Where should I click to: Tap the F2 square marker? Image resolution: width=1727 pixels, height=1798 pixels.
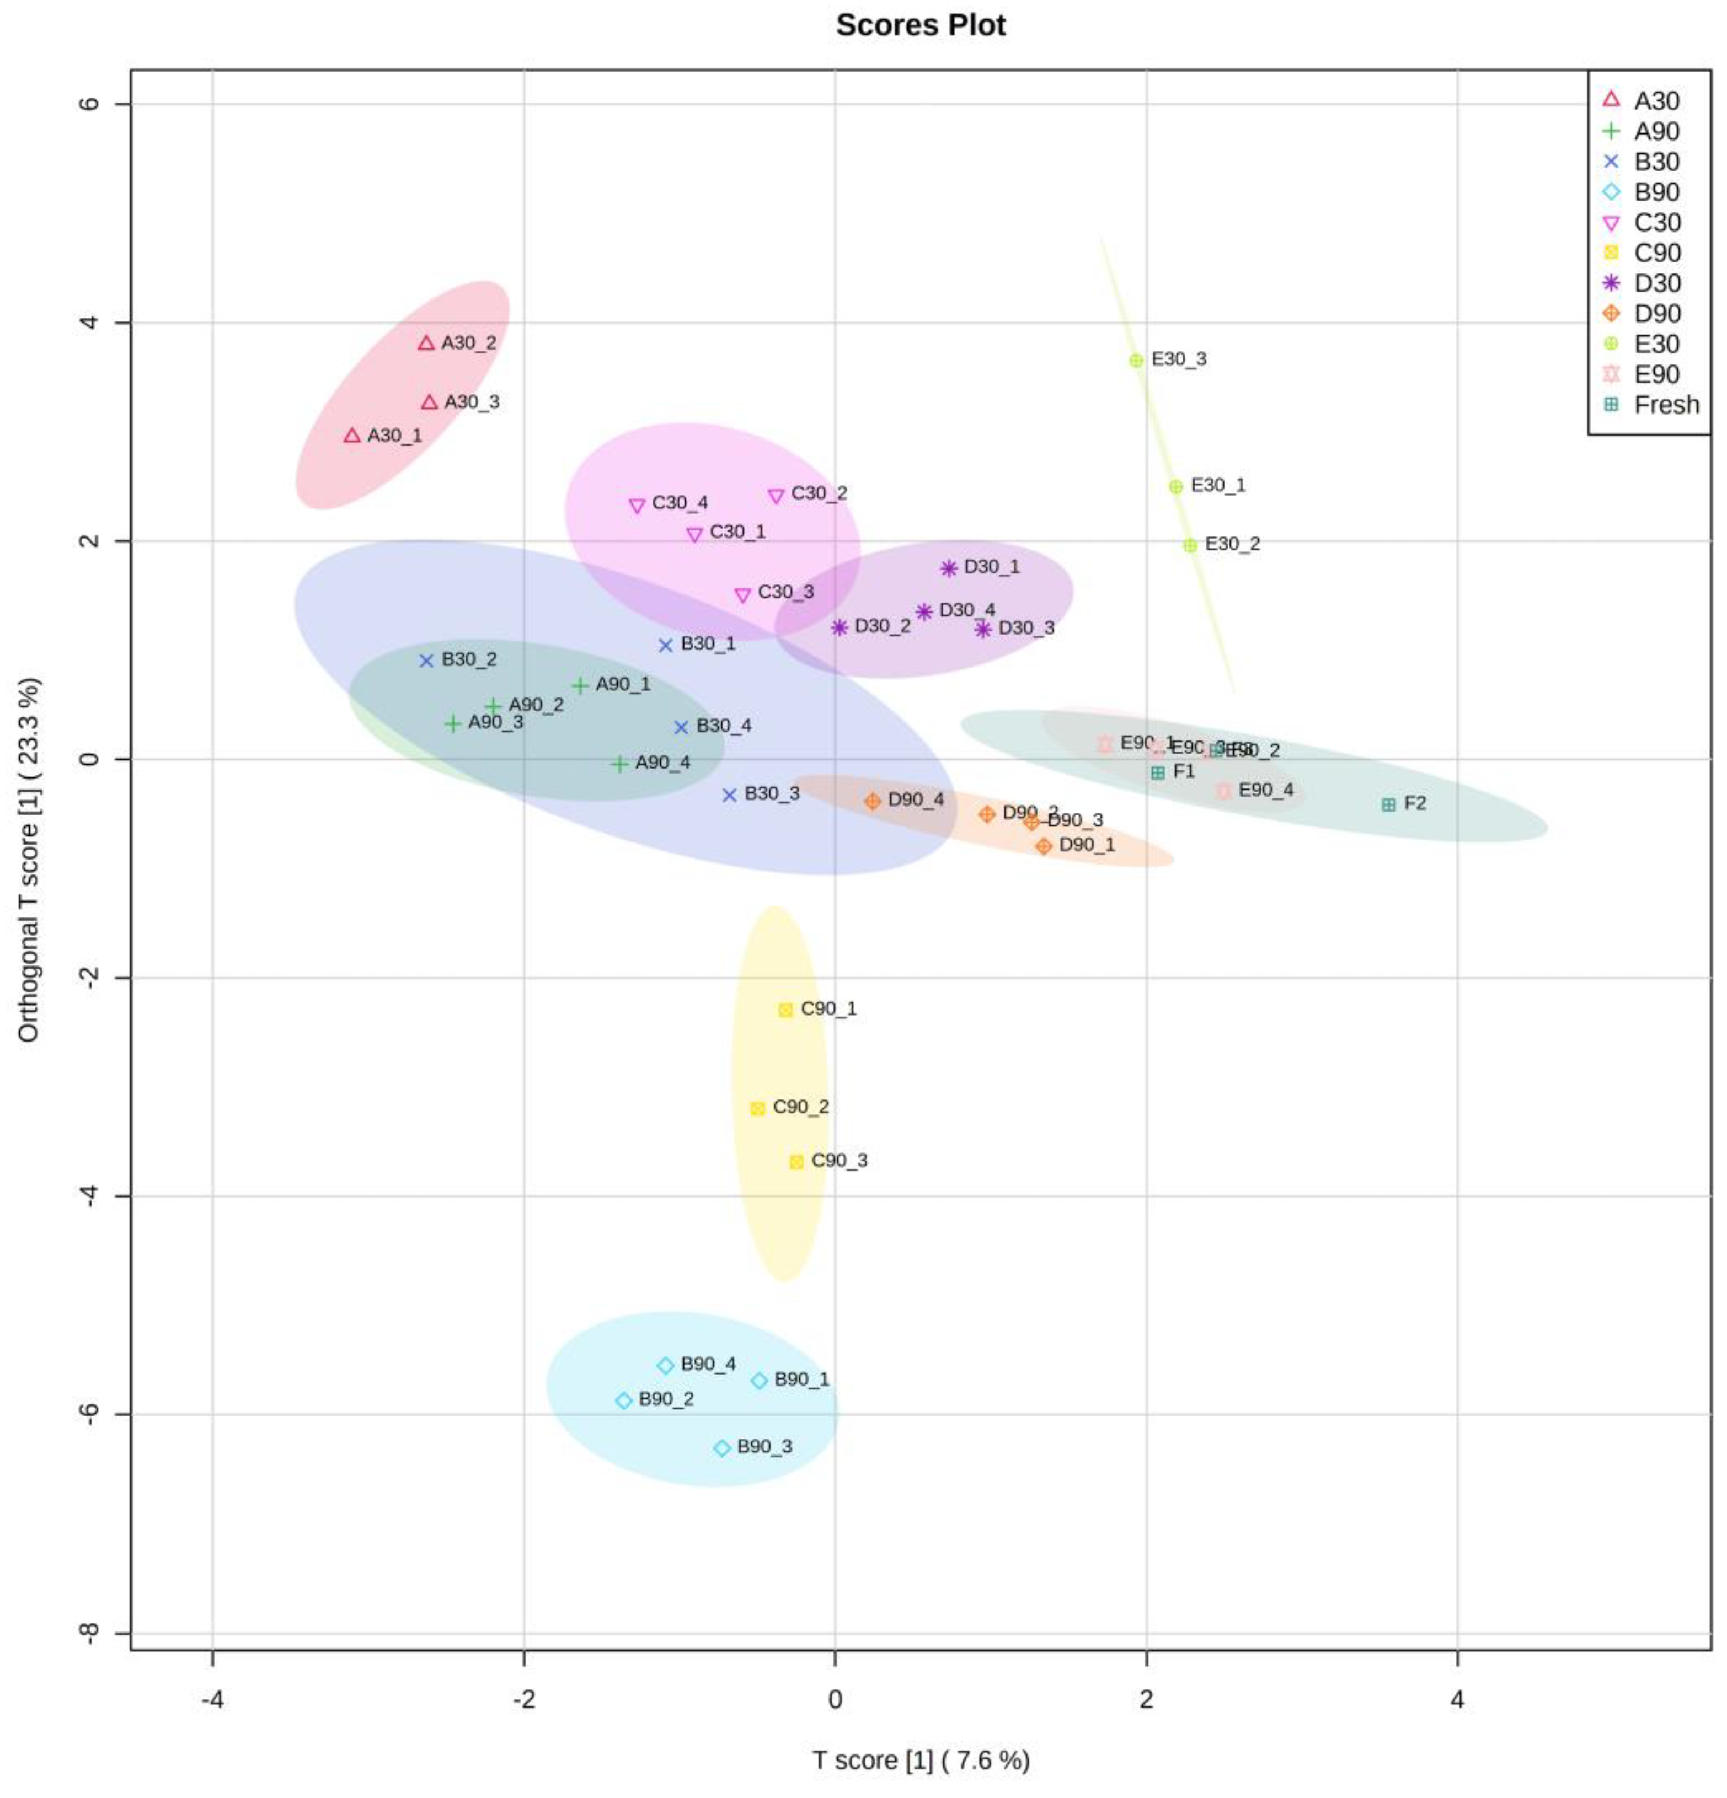1388,804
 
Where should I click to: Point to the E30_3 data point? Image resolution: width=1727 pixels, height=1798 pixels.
1136,361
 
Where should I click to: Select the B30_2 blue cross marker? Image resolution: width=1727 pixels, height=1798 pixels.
426,661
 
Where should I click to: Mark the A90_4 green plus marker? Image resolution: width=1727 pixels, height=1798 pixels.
621,763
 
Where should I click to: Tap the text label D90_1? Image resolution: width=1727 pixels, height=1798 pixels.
1087,844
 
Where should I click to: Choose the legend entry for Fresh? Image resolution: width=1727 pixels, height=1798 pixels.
1666,405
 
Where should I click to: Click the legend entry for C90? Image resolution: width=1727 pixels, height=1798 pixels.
1656,253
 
